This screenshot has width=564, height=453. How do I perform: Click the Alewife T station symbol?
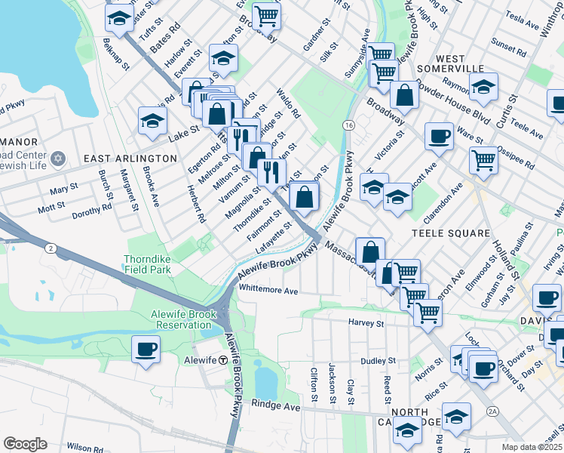(x=223, y=360)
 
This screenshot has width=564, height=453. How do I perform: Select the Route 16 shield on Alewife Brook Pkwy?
(x=348, y=124)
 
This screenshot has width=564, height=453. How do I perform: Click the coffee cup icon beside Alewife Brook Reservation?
(x=146, y=350)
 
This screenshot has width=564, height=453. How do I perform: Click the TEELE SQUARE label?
(x=451, y=233)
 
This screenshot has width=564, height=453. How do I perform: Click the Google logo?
(x=25, y=444)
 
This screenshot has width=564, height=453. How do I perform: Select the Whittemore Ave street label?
(x=268, y=290)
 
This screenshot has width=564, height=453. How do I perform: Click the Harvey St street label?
(x=366, y=323)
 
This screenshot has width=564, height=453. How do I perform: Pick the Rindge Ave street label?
(x=276, y=407)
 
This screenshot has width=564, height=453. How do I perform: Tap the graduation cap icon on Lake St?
(x=152, y=120)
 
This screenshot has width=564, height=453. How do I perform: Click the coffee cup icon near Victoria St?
(x=439, y=137)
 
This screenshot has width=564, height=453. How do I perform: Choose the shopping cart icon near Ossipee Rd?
(x=483, y=159)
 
